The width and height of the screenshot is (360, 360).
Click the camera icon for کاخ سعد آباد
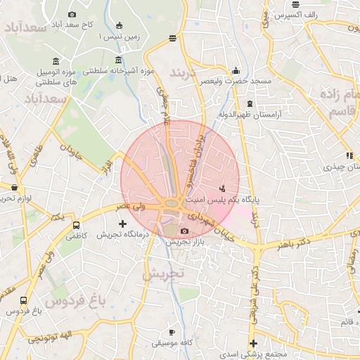pyautogui.click(x=72, y=14)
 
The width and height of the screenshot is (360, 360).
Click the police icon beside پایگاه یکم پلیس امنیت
pyautogui.click(x=223, y=188)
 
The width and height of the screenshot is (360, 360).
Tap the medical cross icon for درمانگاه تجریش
pyautogui.click(x=122, y=223)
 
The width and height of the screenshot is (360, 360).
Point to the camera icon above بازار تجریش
pyautogui.click(x=184, y=231)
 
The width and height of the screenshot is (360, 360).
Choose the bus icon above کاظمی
pyautogui.click(x=76, y=225)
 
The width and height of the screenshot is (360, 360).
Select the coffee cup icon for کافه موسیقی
pyautogui.click(x=172, y=331)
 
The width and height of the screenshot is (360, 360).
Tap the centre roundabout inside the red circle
pyautogui.click(x=171, y=205)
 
